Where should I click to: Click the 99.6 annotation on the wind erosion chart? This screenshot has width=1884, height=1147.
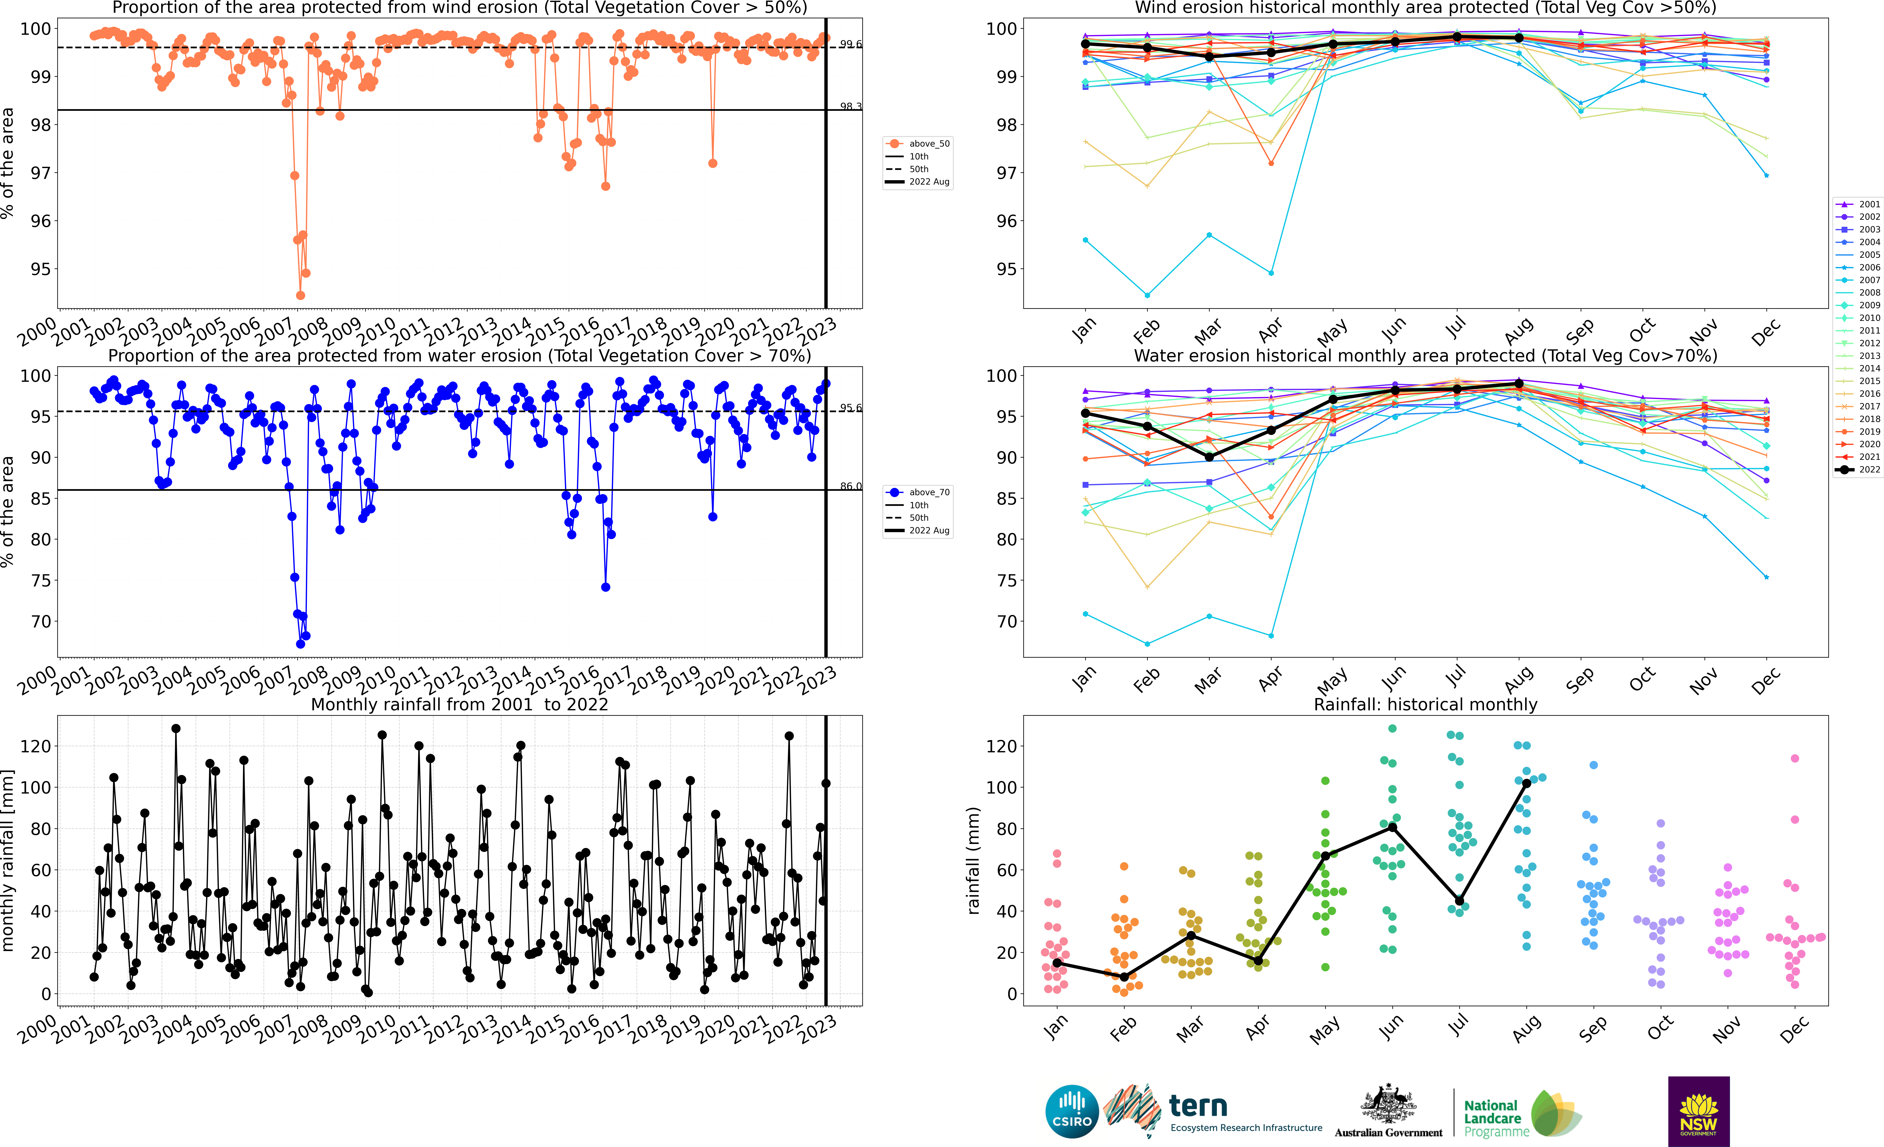pyautogui.click(x=850, y=44)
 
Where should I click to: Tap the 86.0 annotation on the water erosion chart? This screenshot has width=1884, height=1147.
pyautogui.click(x=850, y=486)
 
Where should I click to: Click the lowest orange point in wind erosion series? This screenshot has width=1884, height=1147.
pyautogui.click(x=300, y=295)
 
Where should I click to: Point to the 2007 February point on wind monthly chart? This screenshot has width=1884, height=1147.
pyautogui.click(x=1147, y=295)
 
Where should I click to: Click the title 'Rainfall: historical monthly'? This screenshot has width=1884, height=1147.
pyautogui.click(x=1425, y=704)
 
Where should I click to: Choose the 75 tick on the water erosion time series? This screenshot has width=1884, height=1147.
pyautogui.click(x=41, y=580)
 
